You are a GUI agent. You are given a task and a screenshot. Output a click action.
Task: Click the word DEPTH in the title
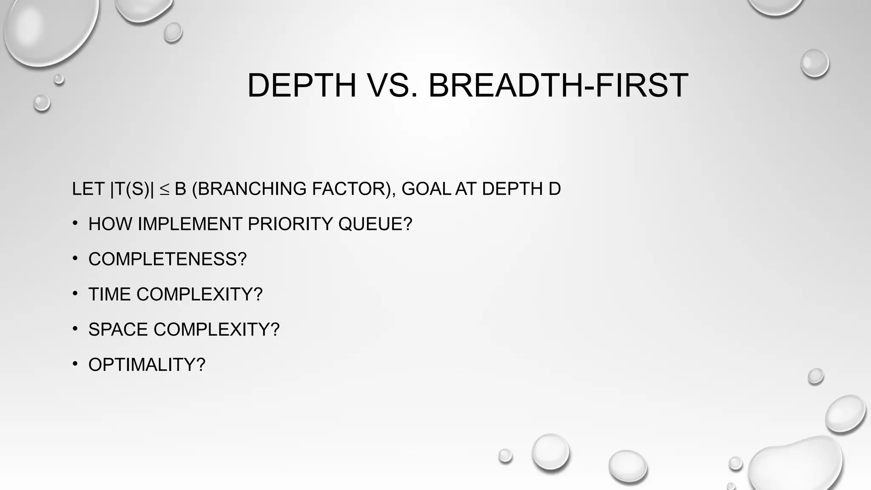click(x=302, y=85)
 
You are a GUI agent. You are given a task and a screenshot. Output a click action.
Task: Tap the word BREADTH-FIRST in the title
click(x=558, y=85)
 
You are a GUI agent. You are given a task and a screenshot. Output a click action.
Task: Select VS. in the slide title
click(x=392, y=85)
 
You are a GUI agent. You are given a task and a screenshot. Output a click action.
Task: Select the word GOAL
click(x=426, y=189)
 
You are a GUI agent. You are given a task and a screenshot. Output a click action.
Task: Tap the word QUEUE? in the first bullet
click(x=375, y=224)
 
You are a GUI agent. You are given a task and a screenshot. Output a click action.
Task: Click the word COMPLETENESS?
click(x=168, y=259)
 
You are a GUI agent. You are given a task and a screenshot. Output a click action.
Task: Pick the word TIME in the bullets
click(x=109, y=294)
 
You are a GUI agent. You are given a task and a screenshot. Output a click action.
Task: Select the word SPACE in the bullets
click(x=118, y=330)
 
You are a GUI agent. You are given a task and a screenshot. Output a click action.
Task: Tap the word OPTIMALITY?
click(x=147, y=365)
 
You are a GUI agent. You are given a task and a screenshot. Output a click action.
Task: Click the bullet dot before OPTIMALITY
click(x=75, y=364)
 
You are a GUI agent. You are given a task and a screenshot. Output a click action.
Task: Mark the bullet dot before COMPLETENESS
click(x=75, y=258)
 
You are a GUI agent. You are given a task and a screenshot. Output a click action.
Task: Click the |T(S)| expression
click(x=132, y=189)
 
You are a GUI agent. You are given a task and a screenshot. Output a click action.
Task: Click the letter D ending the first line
click(x=555, y=189)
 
